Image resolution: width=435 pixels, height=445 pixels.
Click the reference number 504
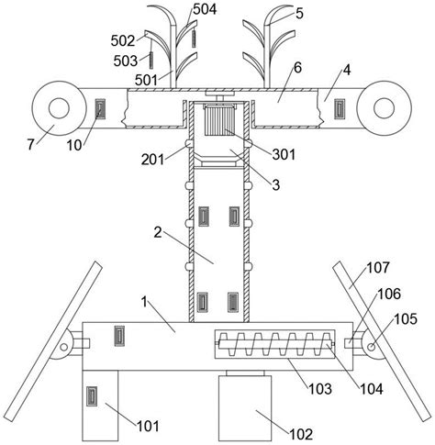(205, 9)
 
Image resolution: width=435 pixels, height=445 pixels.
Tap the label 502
(123, 40)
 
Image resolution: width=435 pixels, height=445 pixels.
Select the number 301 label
(284, 154)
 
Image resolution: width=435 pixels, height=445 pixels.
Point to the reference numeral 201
(152, 160)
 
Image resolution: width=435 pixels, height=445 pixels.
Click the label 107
(378, 268)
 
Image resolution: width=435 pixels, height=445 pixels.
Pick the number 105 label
(406, 319)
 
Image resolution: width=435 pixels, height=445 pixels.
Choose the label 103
(320, 389)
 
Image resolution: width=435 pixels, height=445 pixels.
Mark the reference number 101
(148, 426)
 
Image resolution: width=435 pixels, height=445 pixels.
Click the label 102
(301, 434)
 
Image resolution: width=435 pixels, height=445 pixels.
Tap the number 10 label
(74, 146)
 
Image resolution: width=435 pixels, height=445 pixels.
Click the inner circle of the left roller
(59, 108)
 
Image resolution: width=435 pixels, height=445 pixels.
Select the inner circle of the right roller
(384, 108)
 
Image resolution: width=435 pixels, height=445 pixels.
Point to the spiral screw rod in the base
(275, 344)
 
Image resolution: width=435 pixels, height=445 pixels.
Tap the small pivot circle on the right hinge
(371, 347)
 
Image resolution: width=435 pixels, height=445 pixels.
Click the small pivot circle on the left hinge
(63, 347)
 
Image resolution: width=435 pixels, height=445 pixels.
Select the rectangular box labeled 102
(245, 408)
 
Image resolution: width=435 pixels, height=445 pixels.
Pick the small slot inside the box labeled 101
(92, 396)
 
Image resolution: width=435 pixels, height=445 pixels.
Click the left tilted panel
(54, 341)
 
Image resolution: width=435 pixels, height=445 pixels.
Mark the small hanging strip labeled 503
(151, 61)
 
